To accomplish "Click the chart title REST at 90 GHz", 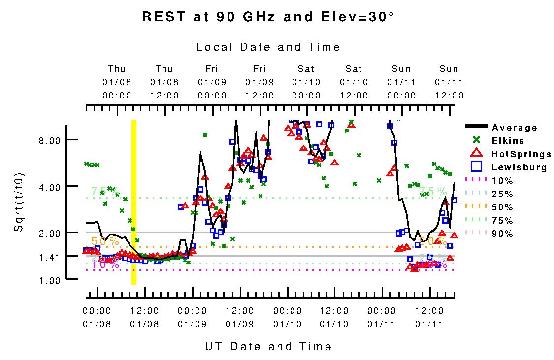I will click(x=268, y=17).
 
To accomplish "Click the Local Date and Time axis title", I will click(x=268, y=47).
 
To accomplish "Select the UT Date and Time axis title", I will click(x=268, y=347).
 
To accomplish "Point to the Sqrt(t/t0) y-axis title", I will click(x=19, y=202).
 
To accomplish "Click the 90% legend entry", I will click(x=502, y=234).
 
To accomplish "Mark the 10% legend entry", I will click(x=502, y=181).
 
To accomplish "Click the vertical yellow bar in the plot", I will click(x=133, y=202).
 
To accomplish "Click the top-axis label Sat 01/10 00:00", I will click(x=306, y=82).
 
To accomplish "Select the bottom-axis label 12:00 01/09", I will click(x=239, y=317).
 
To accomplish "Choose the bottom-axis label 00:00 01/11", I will click(x=382, y=317).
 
